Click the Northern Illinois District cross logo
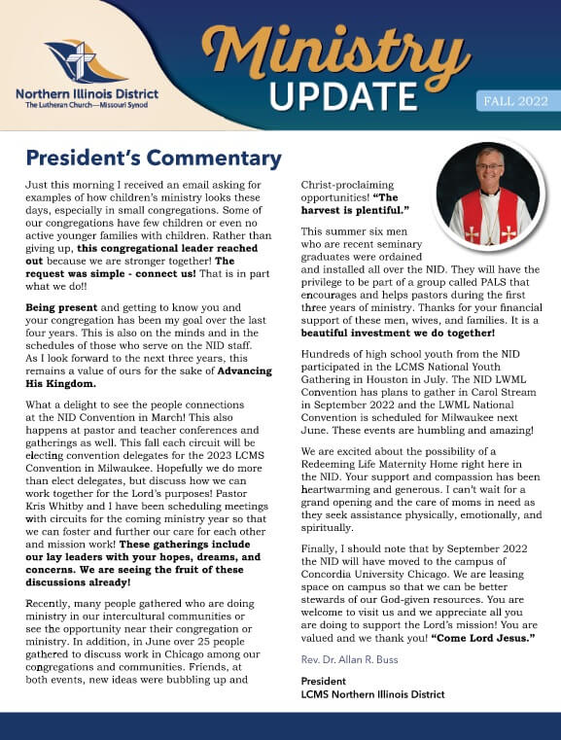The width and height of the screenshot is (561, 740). click(x=86, y=61)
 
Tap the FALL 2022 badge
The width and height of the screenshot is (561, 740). click(x=515, y=101)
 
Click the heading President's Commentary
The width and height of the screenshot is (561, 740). click(x=154, y=158)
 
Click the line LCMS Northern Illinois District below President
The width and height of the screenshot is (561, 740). click(x=372, y=694)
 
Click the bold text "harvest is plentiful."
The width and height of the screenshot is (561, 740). click(x=354, y=210)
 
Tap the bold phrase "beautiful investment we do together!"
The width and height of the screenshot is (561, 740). click(x=399, y=333)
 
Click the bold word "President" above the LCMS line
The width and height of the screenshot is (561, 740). click(x=324, y=681)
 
